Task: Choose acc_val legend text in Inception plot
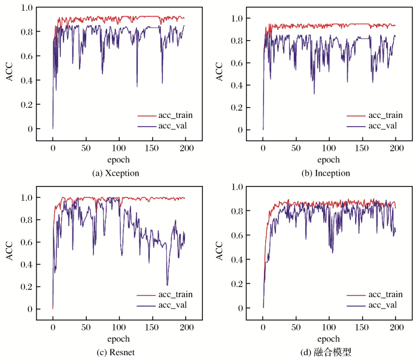point(382,126)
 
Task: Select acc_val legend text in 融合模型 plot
point(382,305)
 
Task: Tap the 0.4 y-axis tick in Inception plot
point(237,85)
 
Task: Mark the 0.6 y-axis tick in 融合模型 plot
point(237,235)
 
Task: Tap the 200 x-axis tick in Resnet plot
point(186,328)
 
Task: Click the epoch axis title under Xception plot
point(119,160)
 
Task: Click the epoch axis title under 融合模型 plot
point(329,340)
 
